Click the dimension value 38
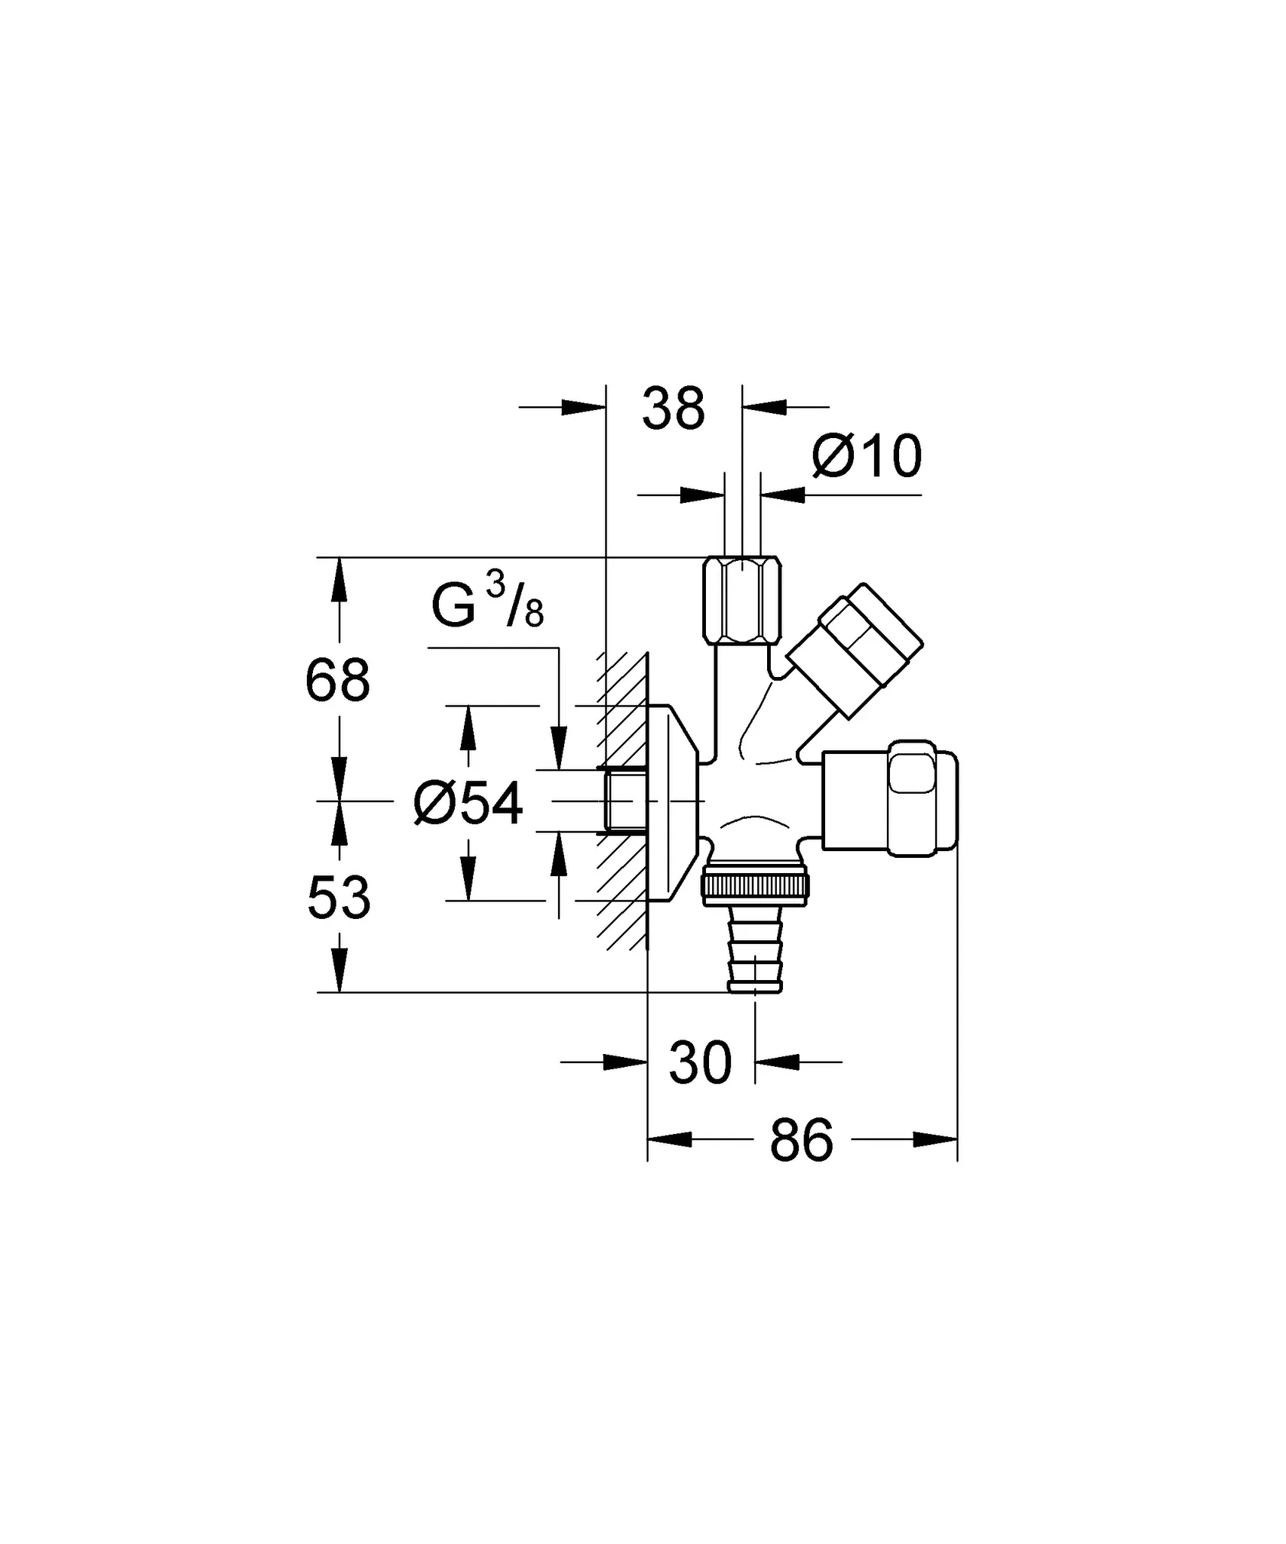coord(673,409)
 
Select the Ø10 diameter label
coord(867,456)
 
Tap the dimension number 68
coord(338,680)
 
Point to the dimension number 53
coord(339,898)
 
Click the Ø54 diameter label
coord(468,804)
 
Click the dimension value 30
coord(700,1063)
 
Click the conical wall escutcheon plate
coord(675,803)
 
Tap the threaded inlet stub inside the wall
coord(625,801)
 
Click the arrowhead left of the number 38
coord(585,407)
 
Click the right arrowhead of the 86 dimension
coord(935,1160)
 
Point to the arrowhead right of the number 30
coord(777,1062)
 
